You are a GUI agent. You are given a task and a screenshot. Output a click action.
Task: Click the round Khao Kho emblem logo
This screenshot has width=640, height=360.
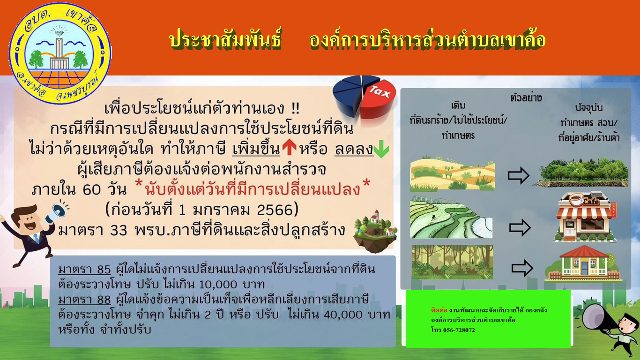(x=60, y=53)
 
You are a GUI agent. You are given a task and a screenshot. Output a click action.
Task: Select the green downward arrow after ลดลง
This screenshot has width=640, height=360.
(x=381, y=149)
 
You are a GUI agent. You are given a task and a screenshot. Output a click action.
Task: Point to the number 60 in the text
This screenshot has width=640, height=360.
(x=92, y=189)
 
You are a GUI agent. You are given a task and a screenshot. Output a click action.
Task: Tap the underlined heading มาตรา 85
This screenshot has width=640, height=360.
(x=84, y=270)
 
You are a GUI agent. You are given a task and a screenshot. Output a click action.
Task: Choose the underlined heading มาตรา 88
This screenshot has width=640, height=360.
(x=84, y=300)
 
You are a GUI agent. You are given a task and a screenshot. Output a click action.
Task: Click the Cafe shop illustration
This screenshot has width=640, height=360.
(x=585, y=217)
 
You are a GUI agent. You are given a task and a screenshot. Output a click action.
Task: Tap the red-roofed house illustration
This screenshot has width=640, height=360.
(x=583, y=263)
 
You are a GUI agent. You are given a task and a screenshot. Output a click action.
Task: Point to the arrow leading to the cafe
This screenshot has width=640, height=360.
(x=520, y=228)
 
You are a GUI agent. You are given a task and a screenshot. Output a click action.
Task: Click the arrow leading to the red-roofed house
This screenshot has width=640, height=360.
(x=522, y=268)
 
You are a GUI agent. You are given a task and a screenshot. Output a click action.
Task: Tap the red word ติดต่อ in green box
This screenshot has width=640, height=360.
(x=439, y=310)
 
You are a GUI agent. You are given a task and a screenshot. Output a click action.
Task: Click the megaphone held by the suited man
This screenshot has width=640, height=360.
(x=57, y=212)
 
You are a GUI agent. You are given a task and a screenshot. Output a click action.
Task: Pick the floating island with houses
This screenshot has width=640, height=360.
(x=375, y=232)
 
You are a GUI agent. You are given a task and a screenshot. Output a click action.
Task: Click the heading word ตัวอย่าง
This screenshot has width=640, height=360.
(x=526, y=98)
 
